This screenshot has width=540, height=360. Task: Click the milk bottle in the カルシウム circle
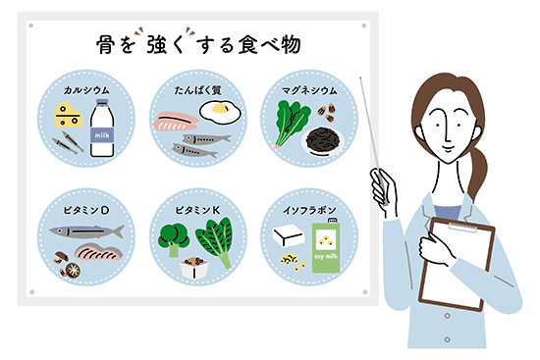[x=103, y=132]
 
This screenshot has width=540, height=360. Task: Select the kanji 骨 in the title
[x=106, y=45]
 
